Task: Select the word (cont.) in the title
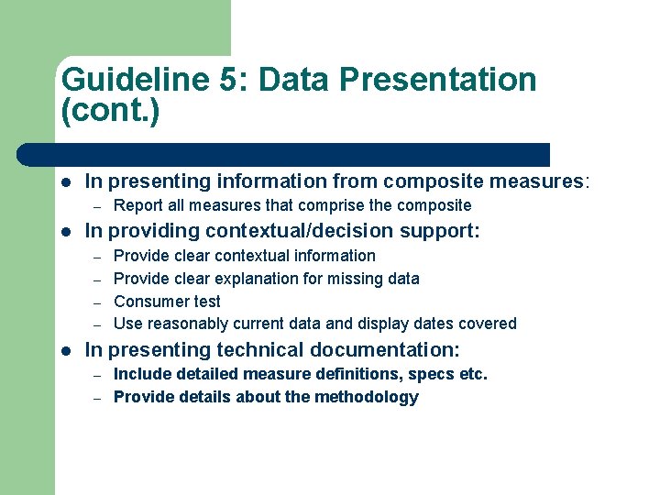click(110, 113)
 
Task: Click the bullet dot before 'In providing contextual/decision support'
click(66, 230)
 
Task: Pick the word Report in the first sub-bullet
click(137, 205)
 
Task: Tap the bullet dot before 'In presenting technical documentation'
click(66, 349)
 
